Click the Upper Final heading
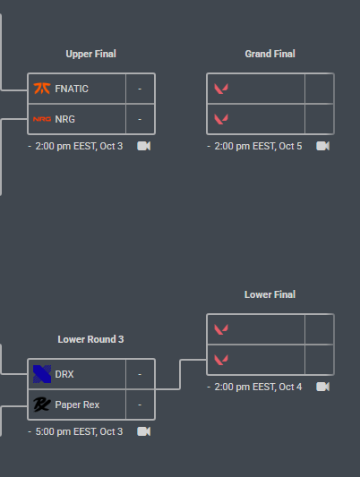pos(91,54)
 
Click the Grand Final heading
pos(270,54)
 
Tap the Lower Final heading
pos(270,294)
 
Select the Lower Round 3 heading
pos(90,339)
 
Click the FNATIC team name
pos(72,89)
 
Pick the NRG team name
pos(64,119)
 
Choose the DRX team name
pos(64,374)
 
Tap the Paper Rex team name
pos(77,405)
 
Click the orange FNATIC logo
pos(42,89)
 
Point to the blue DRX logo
pos(42,374)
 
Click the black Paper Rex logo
pos(42,405)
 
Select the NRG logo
pos(42,119)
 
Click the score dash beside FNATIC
pos(140,89)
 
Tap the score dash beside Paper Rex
pos(140,405)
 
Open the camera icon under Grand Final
pos(323,146)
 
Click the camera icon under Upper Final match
pos(143,146)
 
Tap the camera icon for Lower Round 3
pos(143,431)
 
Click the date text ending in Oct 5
pos(259,147)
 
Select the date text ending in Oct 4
pos(259,387)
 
